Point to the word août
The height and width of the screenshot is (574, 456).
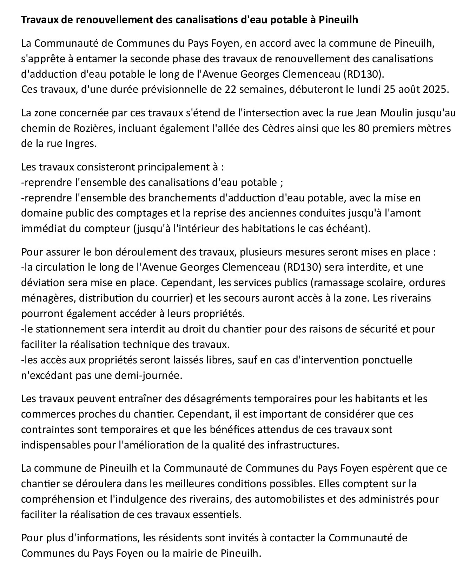tap(408, 89)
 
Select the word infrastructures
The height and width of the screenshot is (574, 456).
tap(303, 445)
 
